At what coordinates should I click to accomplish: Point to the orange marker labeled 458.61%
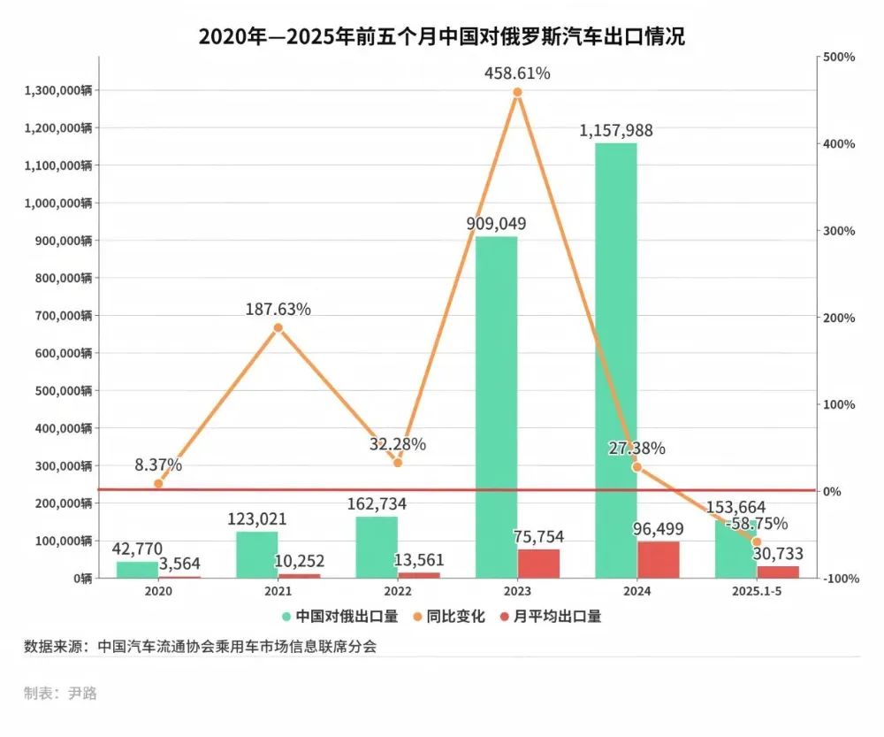pyautogui.click(x=517, y=92)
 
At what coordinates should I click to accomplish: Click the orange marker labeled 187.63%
pyautogui.click(x=278, y=327)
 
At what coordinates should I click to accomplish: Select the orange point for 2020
pyautogui.click(x=158, y=484)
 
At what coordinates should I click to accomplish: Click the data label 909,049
pyautogui.click(x=496, y=224)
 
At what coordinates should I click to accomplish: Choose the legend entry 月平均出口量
pyautogui.click(x=551, y=617)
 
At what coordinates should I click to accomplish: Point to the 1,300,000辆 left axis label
pyautogui.click(x=59, y=90)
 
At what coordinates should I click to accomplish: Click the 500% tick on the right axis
pyautogui.click(x=839, y=58)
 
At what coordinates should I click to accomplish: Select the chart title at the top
pyautogui.click(x=441, y=36)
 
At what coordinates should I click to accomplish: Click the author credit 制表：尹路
pyautogui.click(x=60, y=693)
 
